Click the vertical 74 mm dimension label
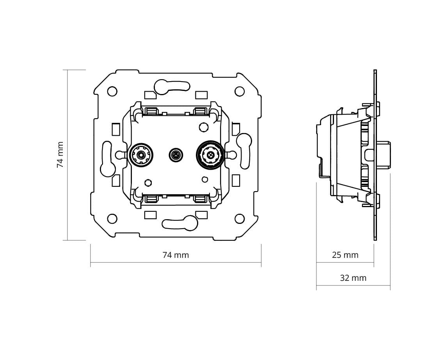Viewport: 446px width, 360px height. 60,155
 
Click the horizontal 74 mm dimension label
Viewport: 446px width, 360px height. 176,255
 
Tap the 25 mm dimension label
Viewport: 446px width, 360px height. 345,255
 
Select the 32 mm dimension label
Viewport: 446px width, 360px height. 353,278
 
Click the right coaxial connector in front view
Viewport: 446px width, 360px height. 211,155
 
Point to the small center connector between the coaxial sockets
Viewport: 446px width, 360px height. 176,155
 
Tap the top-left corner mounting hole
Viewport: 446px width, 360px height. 112,91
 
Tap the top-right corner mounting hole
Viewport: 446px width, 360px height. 240,91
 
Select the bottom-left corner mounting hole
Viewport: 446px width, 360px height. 112,219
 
